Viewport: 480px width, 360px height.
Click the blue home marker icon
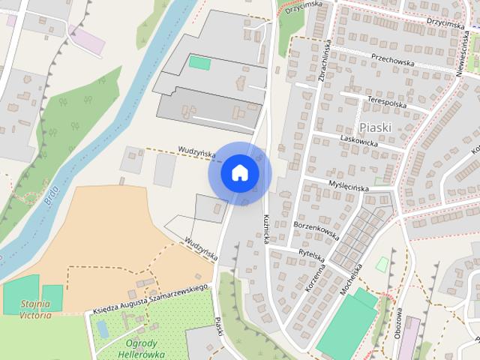click(239, 173)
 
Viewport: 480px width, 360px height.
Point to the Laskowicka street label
click(359, 140)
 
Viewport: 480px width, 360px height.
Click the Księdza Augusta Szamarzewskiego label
click(149, 298)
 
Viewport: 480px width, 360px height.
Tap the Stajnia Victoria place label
click(35, 309)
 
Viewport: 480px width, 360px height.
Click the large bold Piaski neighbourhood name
click(375, 127)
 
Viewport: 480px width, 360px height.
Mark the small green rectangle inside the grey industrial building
click(199, 62)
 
